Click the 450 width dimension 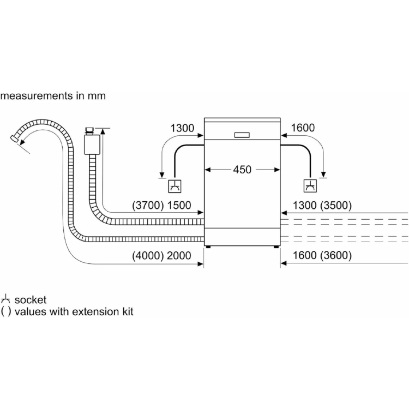pyautogui.click(x=242, y=170)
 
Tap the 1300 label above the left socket pyautogui.click(x=182, y=128)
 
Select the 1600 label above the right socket pyautogui.click(x=303, y=128)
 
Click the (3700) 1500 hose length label pyautogui.click(x=161, y=205)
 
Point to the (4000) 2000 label pyautogui.click(x=161, y=255)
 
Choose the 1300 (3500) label pyautogui.click(x=322, y=205)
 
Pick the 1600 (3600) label pyautogui.click(x=322, y=255)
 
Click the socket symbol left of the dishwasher pyautogui.click(x=175, y=187)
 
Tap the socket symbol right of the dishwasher pyautogui.click(x=310, y=186)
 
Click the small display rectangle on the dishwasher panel pyautogui.click(x=242, y=135)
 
